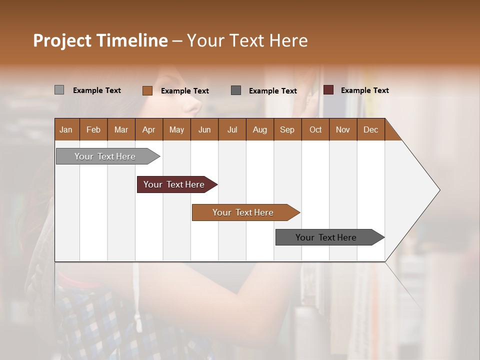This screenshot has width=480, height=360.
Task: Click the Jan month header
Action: (66, 129)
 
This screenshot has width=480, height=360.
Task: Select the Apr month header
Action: (148, 129)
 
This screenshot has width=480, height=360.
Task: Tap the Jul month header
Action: (232, 129)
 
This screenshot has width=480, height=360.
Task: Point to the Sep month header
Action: (287, 129)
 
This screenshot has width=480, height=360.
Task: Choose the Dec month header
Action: (370, 129)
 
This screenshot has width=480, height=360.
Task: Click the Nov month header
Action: (342, 129)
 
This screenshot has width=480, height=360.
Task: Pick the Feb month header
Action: (93, 129)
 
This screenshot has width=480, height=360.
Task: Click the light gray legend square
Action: (59, 90)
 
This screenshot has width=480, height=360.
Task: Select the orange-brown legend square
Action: (147, 90)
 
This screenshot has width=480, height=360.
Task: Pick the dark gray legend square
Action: (236, 90)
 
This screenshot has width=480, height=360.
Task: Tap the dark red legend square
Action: (328, 90)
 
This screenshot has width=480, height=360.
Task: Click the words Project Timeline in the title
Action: (100, 40)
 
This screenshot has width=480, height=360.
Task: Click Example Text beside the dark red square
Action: (364, 90)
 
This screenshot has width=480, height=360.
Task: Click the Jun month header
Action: (204, 129)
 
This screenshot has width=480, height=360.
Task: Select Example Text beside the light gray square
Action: (96, 90)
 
